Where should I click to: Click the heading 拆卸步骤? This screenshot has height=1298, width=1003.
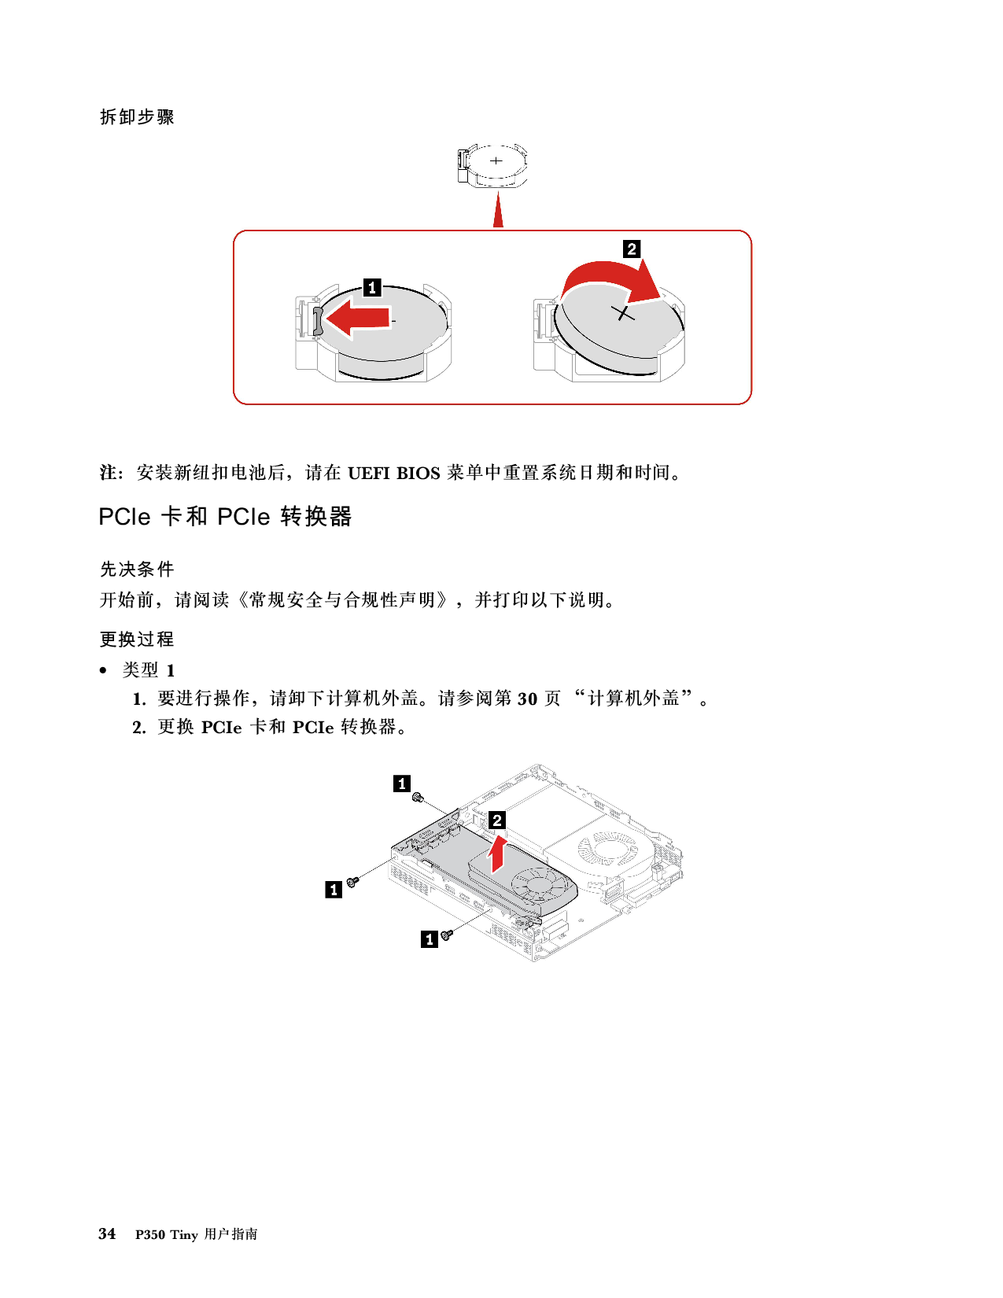[137, 117]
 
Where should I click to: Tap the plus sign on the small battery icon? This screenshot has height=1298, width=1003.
[496, 160]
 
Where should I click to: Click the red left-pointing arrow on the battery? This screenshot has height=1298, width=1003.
[356, 319]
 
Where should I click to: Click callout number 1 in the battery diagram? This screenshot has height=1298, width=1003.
[372, 287]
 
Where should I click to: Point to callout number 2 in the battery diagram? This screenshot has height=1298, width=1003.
[632, 249]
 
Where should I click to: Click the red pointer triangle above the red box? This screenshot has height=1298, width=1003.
[498, 210]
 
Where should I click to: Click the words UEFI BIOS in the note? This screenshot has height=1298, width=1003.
[393, 473]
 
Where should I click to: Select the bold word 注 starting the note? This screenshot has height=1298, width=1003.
[108, 473]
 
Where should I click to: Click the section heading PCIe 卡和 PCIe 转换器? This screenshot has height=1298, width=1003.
[225, 517]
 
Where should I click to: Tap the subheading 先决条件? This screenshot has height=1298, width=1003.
[137, 569]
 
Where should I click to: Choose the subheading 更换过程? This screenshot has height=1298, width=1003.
[137, 639]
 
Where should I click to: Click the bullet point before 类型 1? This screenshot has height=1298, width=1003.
[103, 671]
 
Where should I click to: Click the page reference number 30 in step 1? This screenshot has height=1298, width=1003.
[527, 699]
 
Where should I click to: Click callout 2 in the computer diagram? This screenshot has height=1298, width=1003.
[497, 820]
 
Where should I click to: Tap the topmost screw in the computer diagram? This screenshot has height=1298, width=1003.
[418, 798]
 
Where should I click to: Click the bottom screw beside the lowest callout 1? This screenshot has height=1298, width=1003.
[446, 935]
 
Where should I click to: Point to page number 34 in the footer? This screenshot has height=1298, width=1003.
[107, 1233]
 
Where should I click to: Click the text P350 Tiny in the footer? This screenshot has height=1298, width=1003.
[167, 1235]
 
